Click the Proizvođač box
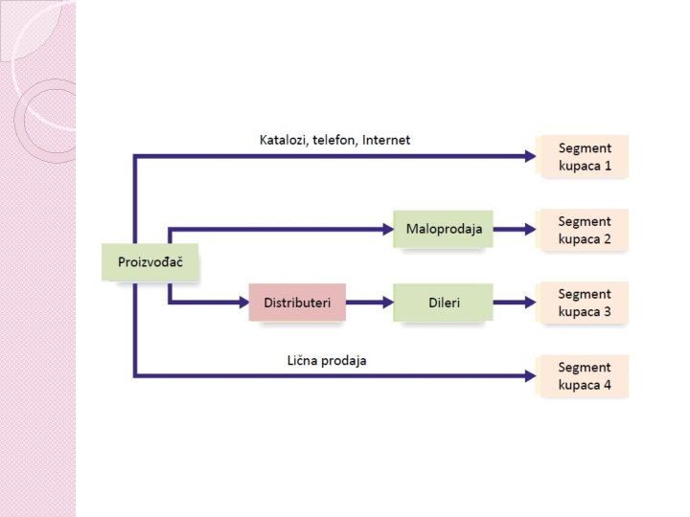pyautogui.click(x=149, y=262)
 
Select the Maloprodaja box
pyautogui.click(x=443, y=230)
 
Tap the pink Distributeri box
pyautogui.click(x=297, y=303)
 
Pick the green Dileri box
pyautogui.click(x=443, y=303)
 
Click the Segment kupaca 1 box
pyautogui.click(x=584, y=156)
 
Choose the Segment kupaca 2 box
pyautogui.click(x=584, y=230)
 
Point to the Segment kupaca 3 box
pyautogui.click(x=584, y=303)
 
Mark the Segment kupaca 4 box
pyautogui.click(x=584, y=376)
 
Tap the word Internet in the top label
pyautogui.click(x=385, y=140)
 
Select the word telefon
pyautogui.click(x=334, y=140)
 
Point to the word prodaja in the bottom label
pyautogui.click(x=346, y=361)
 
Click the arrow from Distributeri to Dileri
pyautogui.click(x=369, y=303)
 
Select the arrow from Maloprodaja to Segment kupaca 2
pyautogui.click(x=515, y=230)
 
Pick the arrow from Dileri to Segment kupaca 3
pyautogui.click(x=515, y=303)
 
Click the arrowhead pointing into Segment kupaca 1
pyautogui.click(x=530, y=156)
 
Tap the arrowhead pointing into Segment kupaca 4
pyautogui.click(x=530, y=376)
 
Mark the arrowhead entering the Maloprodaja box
pyautogui.click(x=387, y=230)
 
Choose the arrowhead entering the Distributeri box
pyautogui.click(x=241, y=303)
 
